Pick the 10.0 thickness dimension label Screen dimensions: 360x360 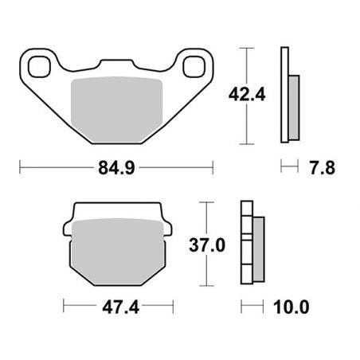(x=292, y=306)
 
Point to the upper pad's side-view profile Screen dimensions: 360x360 (x=284, y=96)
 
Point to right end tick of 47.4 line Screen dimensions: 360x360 (x=173, y=306)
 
